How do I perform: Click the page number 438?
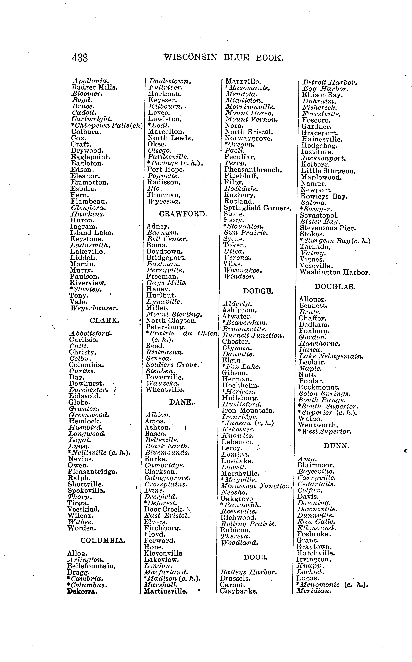click(80, 58)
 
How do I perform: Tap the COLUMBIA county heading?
click(103, 540)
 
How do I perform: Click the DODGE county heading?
click(258, 291)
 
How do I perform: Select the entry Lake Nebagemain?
click(331, 356)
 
